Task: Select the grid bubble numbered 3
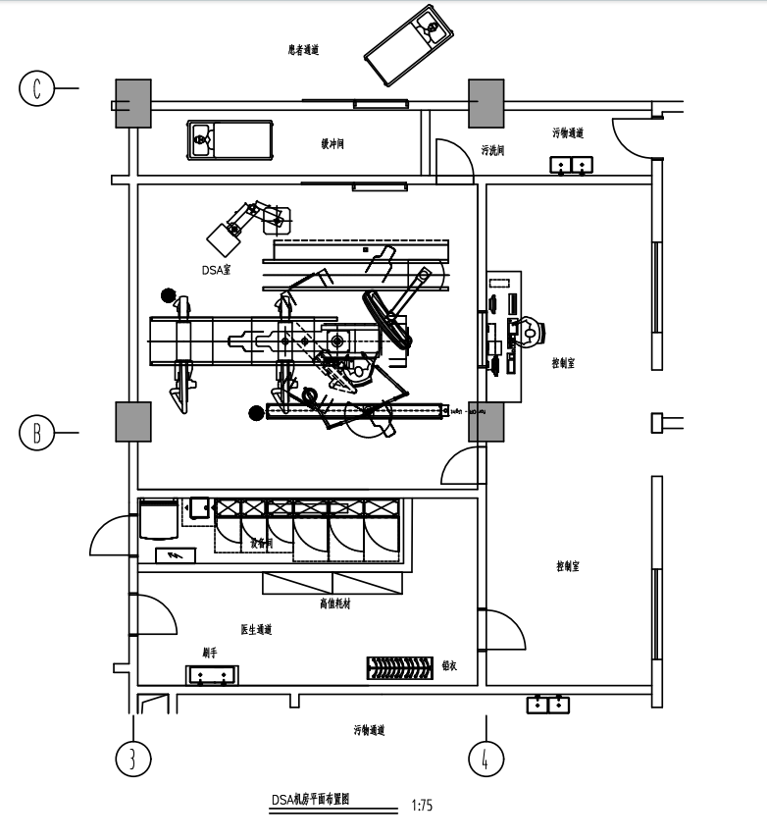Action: click(133, 758)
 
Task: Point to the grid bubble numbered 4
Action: click(486, 758)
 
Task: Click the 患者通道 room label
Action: click(304, 49)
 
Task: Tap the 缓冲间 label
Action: click(332, 144)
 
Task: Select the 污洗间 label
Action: click(492, 150)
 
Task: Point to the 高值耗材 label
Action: click(334, 604)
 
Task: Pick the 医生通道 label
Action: click(256, 629)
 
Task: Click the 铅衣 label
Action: click(450, 664)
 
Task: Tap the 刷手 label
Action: click(209, 651)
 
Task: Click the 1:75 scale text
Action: click(422, 806)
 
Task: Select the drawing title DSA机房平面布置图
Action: click(311, 799)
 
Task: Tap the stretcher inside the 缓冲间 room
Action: click(230, 139)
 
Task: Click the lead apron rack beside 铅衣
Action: click(399, 667)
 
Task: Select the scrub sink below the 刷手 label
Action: click(213, 675)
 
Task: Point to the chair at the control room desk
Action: click(531, 331)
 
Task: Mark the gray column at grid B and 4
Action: click(486, 420)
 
